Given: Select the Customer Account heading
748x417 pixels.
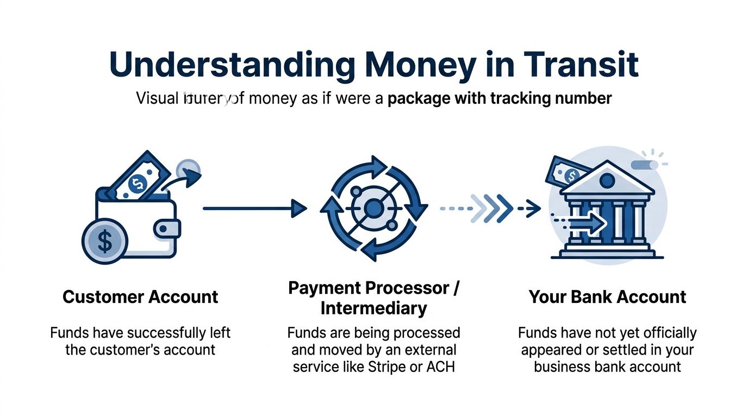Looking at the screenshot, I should [x=140, y=297].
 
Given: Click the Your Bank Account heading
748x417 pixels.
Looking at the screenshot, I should [x=607, y=297].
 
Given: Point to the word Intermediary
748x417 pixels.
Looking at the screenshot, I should [x=373, y=308].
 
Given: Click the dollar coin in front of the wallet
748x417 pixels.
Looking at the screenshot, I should [x=104, y=241].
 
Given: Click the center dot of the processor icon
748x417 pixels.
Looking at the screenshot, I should [x=373, y=207].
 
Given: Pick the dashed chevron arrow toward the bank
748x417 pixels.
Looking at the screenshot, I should [x=489, y=207].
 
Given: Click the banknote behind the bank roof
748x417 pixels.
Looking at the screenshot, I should [x=566, y=170].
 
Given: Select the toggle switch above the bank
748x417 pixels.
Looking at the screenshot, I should [x=645, y=165].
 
